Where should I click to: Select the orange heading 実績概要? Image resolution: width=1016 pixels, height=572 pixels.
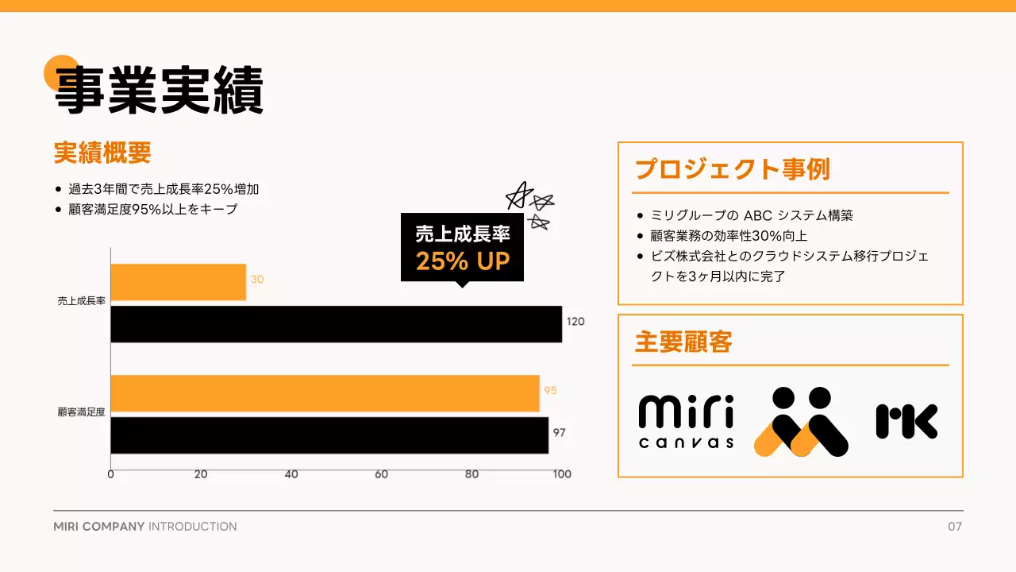click(x=102, y=153)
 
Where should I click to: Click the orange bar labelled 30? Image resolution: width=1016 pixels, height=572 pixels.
click(x=178, y=282)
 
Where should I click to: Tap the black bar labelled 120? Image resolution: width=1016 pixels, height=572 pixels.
click(x=336, y=324)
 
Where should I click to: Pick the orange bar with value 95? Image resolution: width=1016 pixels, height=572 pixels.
click(x=325, y=393)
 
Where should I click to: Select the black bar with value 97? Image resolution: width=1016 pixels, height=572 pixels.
click(x=329, y=435)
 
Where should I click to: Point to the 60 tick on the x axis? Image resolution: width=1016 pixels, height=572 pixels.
click(x=382, y=474)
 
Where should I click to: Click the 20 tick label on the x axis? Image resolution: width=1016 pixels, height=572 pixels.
click(x=201, y=474)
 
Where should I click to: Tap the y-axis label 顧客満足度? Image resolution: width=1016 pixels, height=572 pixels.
click(x=82, y=412)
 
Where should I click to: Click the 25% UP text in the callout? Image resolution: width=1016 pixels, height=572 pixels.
click(x=462, y=261)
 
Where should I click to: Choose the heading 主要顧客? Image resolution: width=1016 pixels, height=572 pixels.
click(x=683, y=342)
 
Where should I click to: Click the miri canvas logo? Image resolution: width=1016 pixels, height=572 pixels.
click(x=686, y=422)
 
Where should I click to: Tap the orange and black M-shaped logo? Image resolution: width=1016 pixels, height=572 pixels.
click(x=801, y=422)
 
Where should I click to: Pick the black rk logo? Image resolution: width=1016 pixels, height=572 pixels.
click(x=906, y=421)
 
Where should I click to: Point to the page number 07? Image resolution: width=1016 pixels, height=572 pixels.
click(x=955, y=527)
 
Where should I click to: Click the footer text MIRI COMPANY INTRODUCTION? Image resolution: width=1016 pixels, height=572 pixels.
click(x=144, y=527)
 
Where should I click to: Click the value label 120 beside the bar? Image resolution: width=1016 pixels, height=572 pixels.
click(x=575, y=322)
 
